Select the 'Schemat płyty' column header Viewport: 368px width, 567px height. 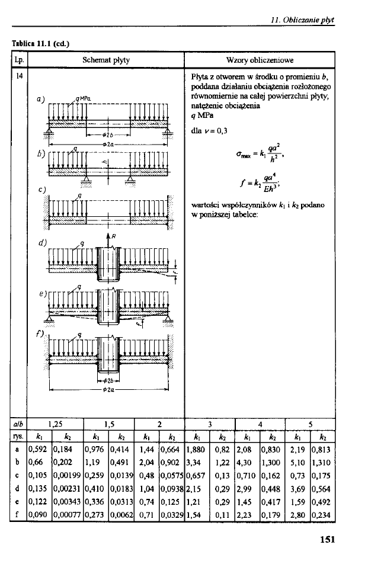(x=106, y=60)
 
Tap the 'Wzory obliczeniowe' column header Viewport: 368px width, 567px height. (x=260, y=60)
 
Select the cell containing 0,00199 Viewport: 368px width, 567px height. (x=67, y=473)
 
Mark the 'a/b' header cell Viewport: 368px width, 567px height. (x=17, y=424)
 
